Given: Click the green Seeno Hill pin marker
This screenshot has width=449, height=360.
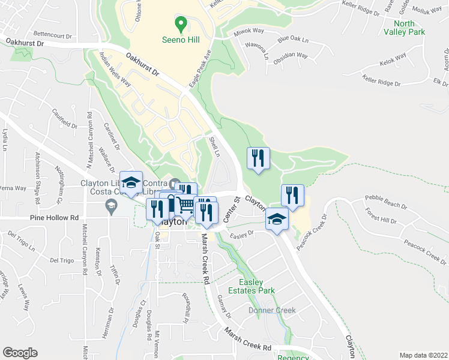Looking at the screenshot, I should click(x=179, y=25).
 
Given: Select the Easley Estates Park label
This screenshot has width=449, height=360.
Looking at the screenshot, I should click(x=256, y=286).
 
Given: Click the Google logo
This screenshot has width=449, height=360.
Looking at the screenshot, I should click(x=20, y=352).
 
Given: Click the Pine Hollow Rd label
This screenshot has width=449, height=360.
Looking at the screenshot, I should click(x=58, y=218).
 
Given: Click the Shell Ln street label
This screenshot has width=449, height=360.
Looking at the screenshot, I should click(x=214, y=147).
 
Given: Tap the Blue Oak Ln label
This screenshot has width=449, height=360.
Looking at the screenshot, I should click(x=293, y=40).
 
